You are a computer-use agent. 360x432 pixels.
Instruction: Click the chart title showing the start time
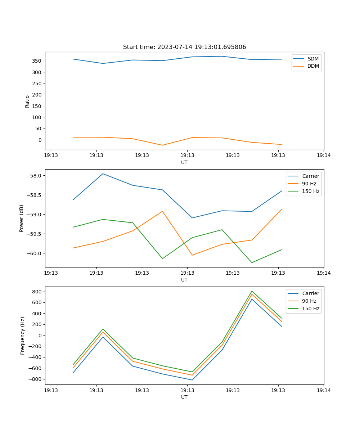pyautogui.click(x=184, y=47)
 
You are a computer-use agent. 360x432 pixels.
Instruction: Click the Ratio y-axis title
pyautogui.click(x=27, y=101)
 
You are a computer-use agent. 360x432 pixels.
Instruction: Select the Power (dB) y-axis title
pyautogui.click(x=22, y=218)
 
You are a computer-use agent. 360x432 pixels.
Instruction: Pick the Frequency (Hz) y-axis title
pyautogui.click(x=23, y=336)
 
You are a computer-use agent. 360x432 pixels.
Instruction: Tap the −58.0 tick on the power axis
pyautogui.click(x=34, y=176)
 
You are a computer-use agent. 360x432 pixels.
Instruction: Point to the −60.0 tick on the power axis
pyautogui.click(x=34, y=253)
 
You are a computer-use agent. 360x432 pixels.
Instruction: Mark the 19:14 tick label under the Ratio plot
pyautogui.click(x=324, y=156)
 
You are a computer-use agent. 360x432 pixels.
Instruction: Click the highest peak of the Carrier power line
pyautogui.click(x=103, y=174)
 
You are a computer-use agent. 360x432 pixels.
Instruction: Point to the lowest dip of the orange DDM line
pyautogui.click(x=162, y=145)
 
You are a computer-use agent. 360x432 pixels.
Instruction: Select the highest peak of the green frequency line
pyautogui.click(x=252, y=291)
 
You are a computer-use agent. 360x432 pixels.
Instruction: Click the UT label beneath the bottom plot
pyautogui.click(x=184, y=397)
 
